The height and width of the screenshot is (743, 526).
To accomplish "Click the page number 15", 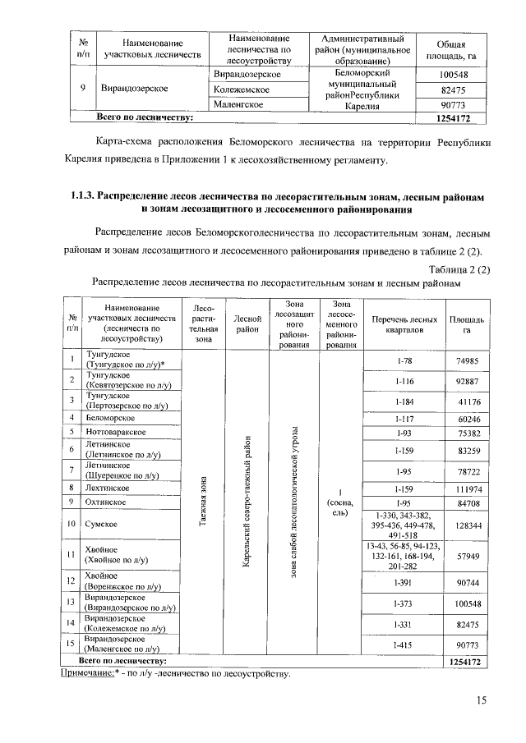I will point(481,699).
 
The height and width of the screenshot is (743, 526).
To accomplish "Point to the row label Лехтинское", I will point(108,488).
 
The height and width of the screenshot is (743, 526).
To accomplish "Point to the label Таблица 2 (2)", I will point(459,268).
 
